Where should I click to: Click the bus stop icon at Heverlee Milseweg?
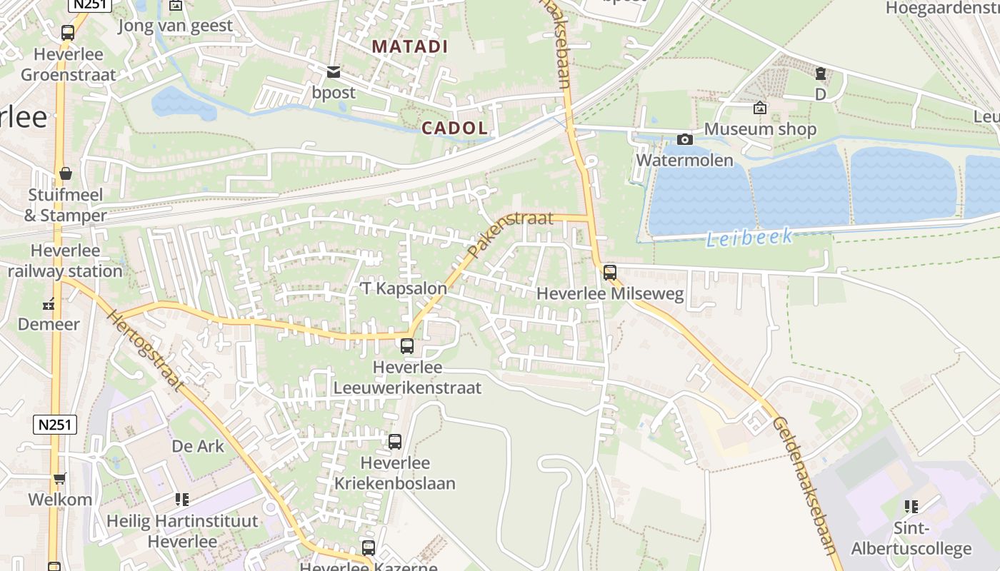609,272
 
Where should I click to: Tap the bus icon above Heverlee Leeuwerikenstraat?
407,346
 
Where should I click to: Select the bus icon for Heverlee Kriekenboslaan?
395,442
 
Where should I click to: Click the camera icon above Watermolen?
685,139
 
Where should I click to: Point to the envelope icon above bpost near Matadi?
334,71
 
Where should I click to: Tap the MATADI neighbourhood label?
410,47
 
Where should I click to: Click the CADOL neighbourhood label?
454,128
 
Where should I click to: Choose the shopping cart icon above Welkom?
60,479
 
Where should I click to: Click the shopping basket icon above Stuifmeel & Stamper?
66,173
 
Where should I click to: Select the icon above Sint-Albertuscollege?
911,507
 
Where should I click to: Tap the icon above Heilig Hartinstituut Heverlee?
182,500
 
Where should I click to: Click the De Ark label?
198,446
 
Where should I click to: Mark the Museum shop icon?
759,108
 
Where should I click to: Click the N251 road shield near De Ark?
55,425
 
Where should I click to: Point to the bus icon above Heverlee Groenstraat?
68,33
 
